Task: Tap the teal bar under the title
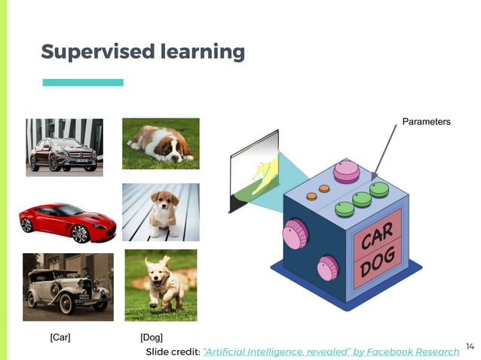click(83, 82)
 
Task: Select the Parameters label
click(426, 121)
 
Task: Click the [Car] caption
click(60, 337)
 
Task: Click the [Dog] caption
click(152, 337)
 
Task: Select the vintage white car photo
click(68, 287)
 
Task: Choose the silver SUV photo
click(64, 147)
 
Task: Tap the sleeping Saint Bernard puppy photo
click(161, 143)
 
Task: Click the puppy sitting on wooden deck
click(161, 212)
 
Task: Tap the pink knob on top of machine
click(346, 171)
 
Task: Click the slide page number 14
click(470, 346)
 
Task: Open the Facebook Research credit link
click(331, 352)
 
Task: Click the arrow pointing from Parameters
click(385, 154)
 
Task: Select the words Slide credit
click(173, 352)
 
